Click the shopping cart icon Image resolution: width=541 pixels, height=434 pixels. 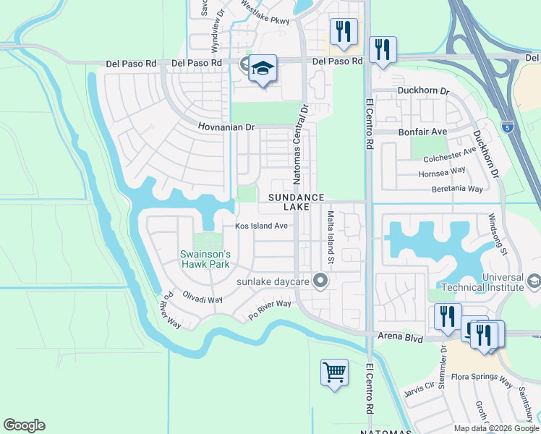click(x=335, y=373)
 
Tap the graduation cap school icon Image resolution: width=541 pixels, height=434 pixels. click(x=263, y=69)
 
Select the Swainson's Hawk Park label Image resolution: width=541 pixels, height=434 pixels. click(x=205, y=259)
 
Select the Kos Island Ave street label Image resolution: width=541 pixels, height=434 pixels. click(x=260, y=226)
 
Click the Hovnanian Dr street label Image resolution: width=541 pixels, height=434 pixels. click(x=227, y=127)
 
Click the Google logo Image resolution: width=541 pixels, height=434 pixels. click(x=24, y=425)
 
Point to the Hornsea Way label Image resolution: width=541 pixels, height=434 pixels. click(x=442, y=174)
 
